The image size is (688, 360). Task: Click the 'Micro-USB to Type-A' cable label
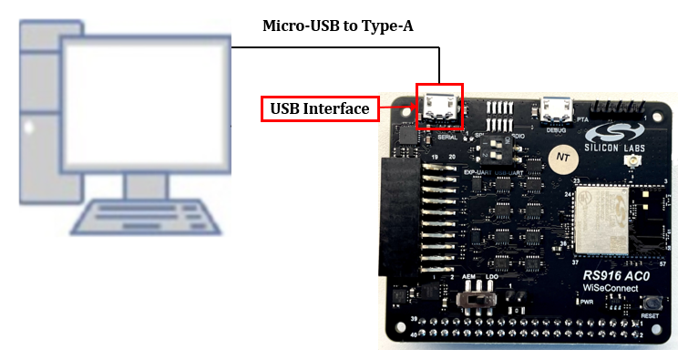pyautogui.click(x=338, y=26)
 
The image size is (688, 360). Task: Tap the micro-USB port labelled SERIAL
pyautogui.click(x=440, y=109)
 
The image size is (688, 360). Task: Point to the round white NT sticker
pyautogui.click(x=563, y=157)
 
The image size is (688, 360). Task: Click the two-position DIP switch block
pyautogui.click(x=497, y=145)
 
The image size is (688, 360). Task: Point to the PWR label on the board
pyautogui.click(x=588, y=301)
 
